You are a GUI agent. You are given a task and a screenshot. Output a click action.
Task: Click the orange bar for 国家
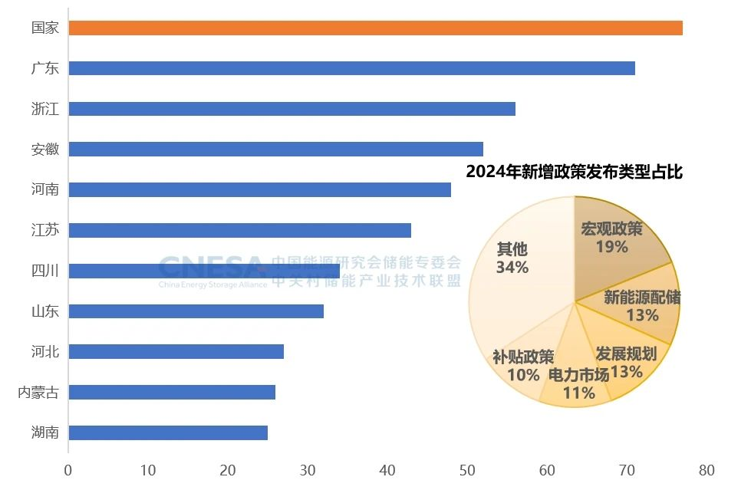pyautogui.click(x=375, y=28)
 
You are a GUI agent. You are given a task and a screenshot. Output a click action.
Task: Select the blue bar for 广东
pyautogui.click(x=351, y=68)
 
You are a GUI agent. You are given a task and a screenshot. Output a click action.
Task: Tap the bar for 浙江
pyautogui.click(x=292, y=109)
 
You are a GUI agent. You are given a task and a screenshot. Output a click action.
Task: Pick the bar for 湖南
pyautogui.click(x=168, y=432)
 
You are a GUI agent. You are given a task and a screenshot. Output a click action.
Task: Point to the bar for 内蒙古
pyautogui.click(x=172, y=393)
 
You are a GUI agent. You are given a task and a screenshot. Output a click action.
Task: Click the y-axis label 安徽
pyautogui.click(x=45, y=150)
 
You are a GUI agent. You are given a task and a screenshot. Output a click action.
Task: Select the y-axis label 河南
pyautogui.click(x=45, y=189)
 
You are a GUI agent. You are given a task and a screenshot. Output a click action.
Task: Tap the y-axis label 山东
pyautogui.click(x=45, y=311)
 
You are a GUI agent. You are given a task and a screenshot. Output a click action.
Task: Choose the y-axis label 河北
pyautogui.click(x=45, y=352)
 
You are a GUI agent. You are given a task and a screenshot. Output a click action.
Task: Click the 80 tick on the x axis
pyautogui.click(x=707, y=470)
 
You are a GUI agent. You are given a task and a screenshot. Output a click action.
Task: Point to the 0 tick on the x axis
pyautogui.click(x=68, y=470)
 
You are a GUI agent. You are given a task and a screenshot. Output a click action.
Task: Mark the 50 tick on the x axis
pyautogui.click(x=467, y=470)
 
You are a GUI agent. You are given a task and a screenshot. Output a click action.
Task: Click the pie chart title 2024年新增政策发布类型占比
pyautogui.click(x=574, y=172)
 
